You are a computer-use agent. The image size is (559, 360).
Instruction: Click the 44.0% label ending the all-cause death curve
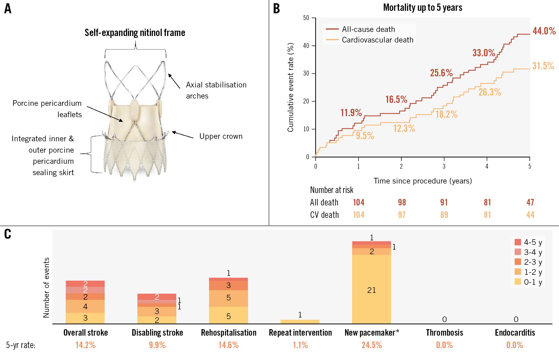[544, 31]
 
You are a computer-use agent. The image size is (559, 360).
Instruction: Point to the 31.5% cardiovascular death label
[543, 66]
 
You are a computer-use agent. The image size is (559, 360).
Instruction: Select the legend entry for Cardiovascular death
[378, 40]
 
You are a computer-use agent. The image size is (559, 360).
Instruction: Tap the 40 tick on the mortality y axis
[306, 45]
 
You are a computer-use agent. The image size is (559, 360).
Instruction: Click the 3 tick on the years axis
[444, 166]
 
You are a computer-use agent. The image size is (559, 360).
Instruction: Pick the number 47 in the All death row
[530, 202]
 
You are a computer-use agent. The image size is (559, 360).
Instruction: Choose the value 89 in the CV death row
[444, 215]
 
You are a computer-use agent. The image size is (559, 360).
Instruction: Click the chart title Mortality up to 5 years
[422, 8]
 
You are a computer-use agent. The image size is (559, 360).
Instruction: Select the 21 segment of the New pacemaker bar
[371, 290]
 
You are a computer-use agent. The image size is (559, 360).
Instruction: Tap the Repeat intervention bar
[300, 322]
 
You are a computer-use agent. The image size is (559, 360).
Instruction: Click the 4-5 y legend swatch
[518, 242]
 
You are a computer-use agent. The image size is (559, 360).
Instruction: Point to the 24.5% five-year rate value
[372, 345]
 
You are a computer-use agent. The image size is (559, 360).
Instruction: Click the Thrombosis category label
[444, 333]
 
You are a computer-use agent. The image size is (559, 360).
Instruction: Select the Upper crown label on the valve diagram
[221, 136]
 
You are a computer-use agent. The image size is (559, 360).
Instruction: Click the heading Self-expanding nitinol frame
[135, 33]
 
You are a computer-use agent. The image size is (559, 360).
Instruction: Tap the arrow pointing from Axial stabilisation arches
[174, 81]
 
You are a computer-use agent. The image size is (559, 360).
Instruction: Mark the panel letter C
[8, 234]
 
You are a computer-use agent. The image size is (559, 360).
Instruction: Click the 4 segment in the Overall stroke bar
[85, 306]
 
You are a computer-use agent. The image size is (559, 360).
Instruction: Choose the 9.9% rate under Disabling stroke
[157, 345]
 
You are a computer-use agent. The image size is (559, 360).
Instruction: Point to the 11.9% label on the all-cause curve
[351, 113]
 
